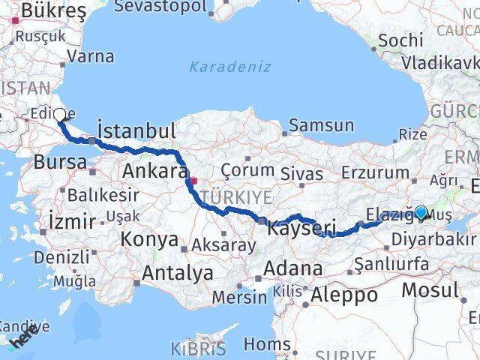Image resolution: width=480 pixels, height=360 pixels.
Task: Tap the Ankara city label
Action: coord(154,171)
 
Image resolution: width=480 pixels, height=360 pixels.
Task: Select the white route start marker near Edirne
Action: coord(59,116)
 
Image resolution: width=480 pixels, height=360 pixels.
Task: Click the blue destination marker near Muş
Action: coord(421,213)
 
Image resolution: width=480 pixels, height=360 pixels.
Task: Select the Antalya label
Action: coord(177,273)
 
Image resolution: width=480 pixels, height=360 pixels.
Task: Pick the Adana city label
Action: coord(298,268)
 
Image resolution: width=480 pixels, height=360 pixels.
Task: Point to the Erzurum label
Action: coord(376,172)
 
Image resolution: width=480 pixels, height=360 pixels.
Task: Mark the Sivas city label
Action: coord(301,173)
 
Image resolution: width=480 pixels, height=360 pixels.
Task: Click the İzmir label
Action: coord(71,221)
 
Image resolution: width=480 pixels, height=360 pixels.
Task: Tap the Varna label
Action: coord(90,56)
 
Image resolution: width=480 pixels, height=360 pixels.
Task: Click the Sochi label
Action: coord(400,40)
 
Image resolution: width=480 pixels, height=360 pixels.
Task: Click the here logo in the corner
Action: coord(22,340)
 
